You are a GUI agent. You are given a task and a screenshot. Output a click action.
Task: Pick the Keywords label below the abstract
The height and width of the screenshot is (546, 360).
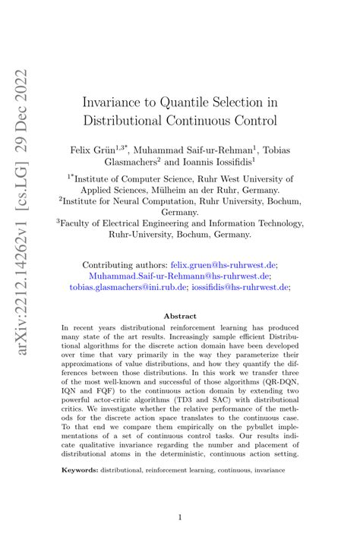(79, 471)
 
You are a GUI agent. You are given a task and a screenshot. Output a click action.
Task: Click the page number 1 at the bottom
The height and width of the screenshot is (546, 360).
(180, 518)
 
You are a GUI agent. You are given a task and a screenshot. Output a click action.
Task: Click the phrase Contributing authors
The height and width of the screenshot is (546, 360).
(124, 265)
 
